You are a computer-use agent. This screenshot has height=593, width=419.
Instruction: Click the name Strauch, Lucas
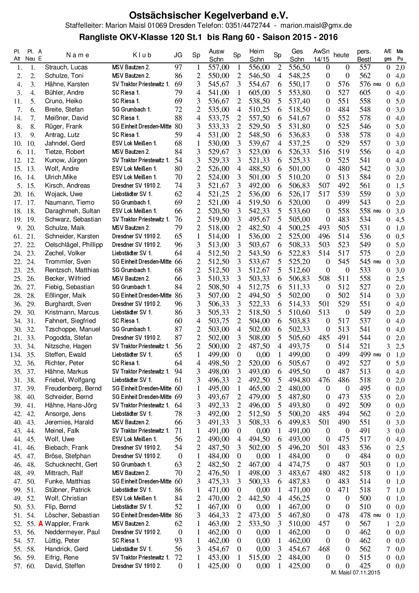66,67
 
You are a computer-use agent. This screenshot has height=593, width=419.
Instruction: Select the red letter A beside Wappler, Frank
41,524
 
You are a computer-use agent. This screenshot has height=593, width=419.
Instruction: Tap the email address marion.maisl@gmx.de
316,25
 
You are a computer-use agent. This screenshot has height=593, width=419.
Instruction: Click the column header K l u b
142,55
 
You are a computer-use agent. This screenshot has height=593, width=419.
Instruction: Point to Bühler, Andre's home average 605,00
259,93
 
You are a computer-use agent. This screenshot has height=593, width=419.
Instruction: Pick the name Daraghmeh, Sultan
72,211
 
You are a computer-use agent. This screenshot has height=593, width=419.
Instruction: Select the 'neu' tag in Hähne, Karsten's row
377,84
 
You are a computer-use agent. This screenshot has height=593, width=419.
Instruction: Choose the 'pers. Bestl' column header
364,55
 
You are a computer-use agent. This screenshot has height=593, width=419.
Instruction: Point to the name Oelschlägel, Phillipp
74,245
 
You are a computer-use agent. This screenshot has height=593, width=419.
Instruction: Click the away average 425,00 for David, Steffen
219,566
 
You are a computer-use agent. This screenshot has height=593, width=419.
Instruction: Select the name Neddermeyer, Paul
72,532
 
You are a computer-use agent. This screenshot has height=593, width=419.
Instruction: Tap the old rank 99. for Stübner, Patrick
18,490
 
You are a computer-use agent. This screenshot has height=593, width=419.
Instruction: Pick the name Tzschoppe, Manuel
72,329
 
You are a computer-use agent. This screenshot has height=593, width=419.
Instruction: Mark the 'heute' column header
341,55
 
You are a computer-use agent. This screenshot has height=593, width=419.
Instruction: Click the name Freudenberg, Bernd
73,388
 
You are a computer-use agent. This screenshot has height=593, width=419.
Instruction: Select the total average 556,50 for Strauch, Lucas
299,67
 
